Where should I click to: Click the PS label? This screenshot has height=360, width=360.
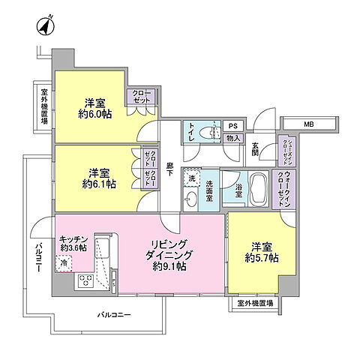coord(232,126)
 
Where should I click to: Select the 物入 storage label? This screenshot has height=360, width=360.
coord(232,138)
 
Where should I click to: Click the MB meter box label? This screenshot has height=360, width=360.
coord(308,124)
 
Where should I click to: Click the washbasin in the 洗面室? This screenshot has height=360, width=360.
coord(191,199)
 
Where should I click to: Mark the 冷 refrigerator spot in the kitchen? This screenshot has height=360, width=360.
coord(65,262)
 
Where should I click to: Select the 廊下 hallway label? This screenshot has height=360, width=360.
coord(170,169)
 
